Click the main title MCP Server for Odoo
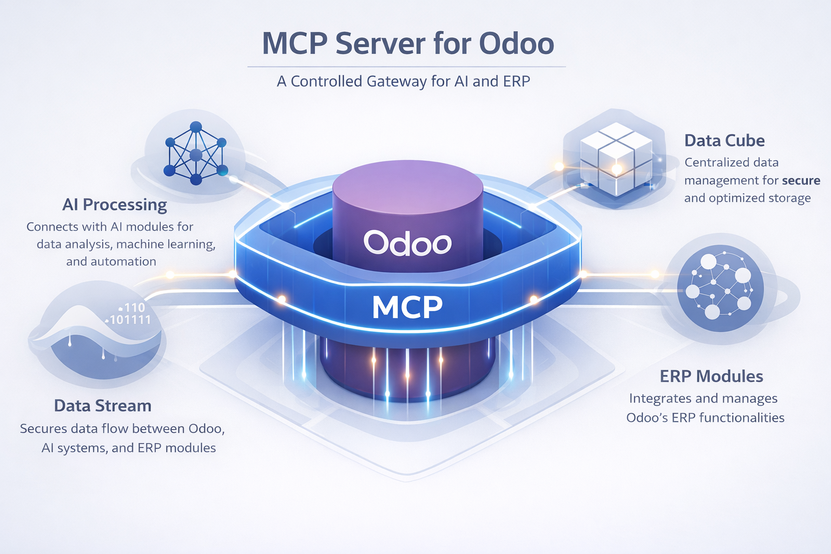tap(408, 44)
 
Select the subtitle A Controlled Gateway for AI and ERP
tap(403, 81)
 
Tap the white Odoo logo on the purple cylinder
tap(407, 243)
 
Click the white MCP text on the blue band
tap(407, 307)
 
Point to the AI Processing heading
tap(115, 205)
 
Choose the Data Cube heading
tap(724, 141)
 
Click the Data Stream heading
tap(103, 406)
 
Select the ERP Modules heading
tap(711, 377)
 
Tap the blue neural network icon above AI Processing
tap(196, 154)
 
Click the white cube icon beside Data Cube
tap(616, 159)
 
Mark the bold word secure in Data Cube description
tap(801, 181)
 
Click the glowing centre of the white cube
tap(616, 169)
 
